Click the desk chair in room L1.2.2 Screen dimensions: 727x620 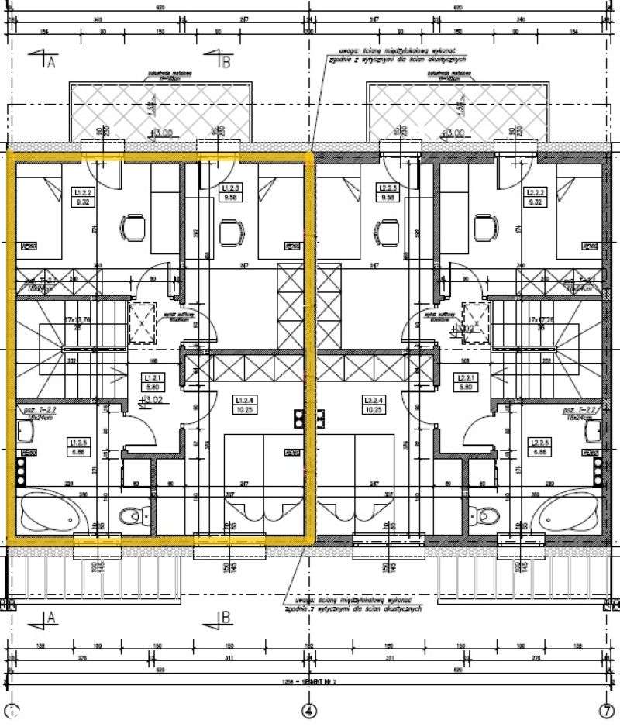click(133, 228)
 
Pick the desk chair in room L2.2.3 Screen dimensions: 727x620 click(387, 231)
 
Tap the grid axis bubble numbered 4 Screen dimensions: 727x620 click(309, 709)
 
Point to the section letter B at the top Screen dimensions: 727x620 click(226, 64)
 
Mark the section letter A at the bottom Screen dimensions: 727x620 click(50, 618)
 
